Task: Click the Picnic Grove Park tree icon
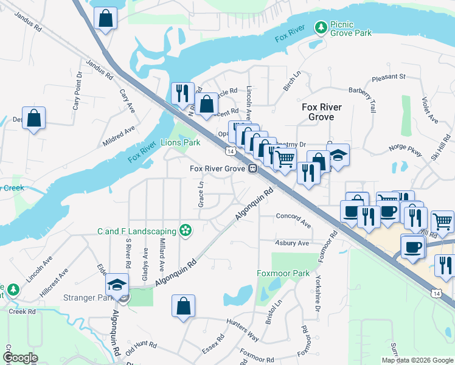[320, 27]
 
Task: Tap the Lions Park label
[180, 143]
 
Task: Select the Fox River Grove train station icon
[252, 169]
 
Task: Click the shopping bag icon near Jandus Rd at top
[106, 18]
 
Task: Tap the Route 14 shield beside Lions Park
[229, 150]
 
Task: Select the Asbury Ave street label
[293, 243]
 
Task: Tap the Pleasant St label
[388, 77]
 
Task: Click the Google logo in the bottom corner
[20, 358]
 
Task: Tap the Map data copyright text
[417, 360]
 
